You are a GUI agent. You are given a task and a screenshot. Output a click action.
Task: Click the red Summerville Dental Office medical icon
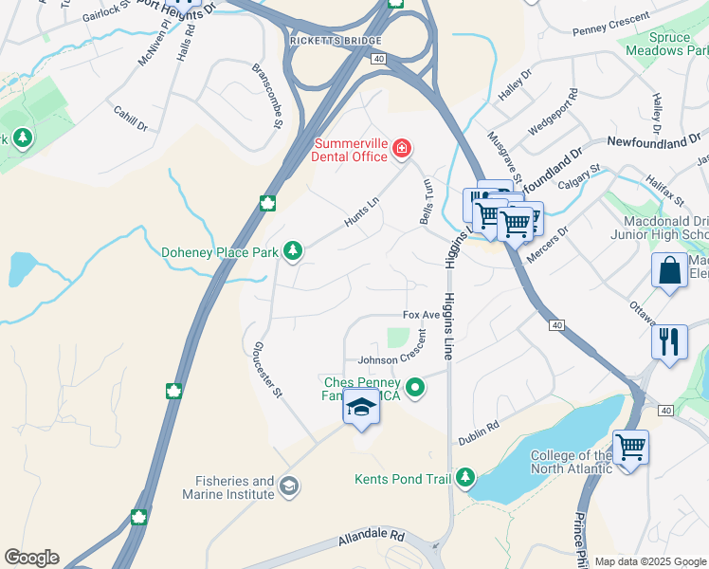click(x=403, y=148)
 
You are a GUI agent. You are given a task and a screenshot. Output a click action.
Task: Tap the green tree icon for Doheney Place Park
click(x=294, y=250)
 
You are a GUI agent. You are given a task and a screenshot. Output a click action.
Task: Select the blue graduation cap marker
click(x=361, y=407)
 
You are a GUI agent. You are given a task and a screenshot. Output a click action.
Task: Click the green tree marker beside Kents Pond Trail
click(x=464, y=477)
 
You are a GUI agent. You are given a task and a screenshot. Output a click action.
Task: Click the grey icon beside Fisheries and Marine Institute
click(x=289, y=487)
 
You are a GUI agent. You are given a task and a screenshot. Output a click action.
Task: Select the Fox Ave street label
click(x=422, y=315)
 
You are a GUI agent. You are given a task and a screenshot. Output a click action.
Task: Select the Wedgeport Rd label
click(x=553, y=110)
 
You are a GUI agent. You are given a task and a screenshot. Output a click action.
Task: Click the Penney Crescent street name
click(x=611, y=25)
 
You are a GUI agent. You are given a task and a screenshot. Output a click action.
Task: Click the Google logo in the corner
click(x=31, y=558)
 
